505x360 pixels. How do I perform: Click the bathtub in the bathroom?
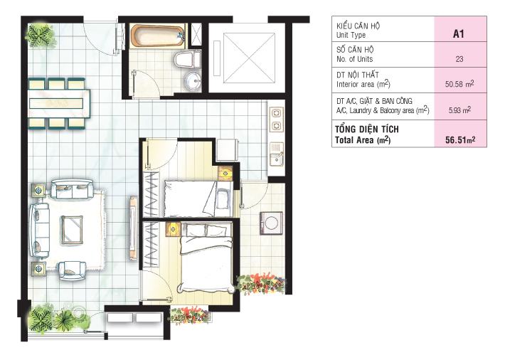(158, 36)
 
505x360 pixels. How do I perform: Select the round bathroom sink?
(192, 80)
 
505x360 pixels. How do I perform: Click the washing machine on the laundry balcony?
(271, 223)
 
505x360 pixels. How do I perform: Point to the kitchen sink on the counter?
(277, 154)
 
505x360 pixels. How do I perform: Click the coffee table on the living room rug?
(72, 230)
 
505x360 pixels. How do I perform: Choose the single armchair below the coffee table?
(72, 270)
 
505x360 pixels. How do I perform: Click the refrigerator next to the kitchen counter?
(228, 150)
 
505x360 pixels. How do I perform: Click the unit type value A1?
(458, 34)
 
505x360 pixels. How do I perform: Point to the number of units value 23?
(459, 59)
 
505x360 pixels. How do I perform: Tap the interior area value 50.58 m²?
(459, 84)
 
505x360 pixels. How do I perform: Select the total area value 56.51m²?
(461, 140)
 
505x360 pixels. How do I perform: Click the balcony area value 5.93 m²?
(459, 110)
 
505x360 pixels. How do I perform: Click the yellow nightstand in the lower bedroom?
(174, 230)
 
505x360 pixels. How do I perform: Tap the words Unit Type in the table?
(351, 35)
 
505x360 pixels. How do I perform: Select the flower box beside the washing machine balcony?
(261, 284)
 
